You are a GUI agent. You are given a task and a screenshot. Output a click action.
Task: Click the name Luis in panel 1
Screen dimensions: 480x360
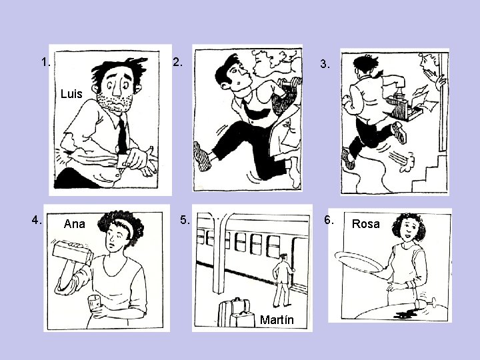[71, 94]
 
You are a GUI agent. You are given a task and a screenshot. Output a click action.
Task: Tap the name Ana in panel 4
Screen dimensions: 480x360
[75, 224]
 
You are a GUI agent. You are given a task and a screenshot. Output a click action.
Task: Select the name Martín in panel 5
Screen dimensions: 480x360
[277, 319]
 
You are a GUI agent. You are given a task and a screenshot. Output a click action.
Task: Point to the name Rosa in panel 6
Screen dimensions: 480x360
[366, 224]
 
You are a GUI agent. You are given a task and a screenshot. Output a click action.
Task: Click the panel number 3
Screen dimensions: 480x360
[325, 64]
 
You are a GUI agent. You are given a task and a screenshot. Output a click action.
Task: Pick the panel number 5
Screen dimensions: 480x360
[185, 220]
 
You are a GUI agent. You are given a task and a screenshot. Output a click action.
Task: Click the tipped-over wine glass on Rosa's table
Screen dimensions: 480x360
[425, 303]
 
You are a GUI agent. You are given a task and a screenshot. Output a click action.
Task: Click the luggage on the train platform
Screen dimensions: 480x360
[237, 313]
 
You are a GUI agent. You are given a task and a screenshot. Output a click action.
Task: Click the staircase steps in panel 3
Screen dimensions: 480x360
[429, 175]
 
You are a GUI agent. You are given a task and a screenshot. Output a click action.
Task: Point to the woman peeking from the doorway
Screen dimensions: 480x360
[432, 71]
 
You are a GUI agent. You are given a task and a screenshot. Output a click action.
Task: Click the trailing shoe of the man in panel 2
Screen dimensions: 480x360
[202, 156]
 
